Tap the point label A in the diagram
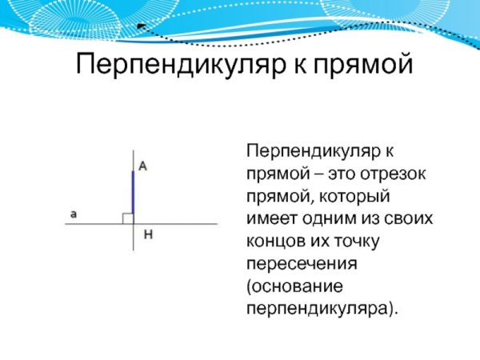pyautogui.click(x=142, y=166)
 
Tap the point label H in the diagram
pyautogui.click(x=147, y=235)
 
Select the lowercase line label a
pyautogui.click(x=74, y=214)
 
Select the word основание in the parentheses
pyautogui.click(x=290, y=286)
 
